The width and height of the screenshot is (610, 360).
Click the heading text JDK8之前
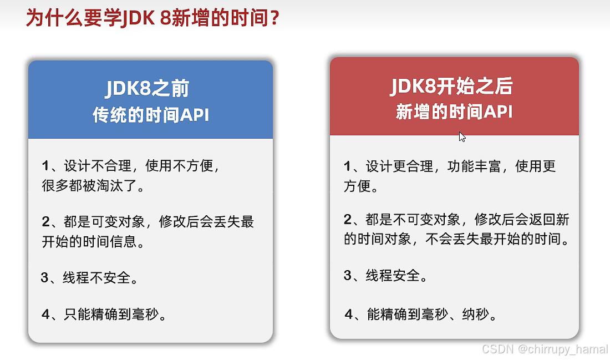(x=147, y=89)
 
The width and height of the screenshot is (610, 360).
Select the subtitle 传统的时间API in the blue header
(x=150, y=115)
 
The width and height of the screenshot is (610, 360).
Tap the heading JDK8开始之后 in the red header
(x=452, y=86)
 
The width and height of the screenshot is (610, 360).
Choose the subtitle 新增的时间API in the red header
(x=454, y=111)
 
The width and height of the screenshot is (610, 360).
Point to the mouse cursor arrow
(x=461, y=136)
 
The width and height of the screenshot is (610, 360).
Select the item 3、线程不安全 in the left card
(x=89, y=277)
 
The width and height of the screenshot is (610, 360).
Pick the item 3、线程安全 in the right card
(x=385, y=275)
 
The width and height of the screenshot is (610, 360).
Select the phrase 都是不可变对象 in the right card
(x=413, y=220)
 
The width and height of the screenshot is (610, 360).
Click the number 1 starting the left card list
(x=45, y=165)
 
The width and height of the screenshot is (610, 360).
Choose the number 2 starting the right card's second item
(x=348, y=220)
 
